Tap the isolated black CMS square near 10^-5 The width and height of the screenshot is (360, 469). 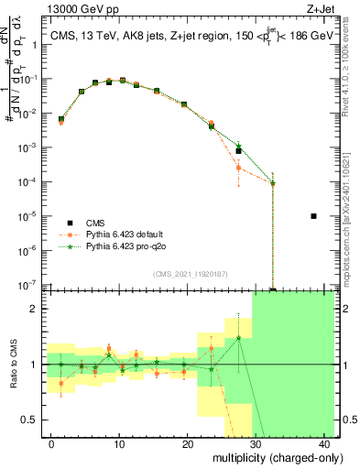coord(313,216)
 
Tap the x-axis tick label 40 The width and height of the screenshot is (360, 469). coord(325,443)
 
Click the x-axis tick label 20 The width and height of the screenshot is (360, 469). coord(188,443)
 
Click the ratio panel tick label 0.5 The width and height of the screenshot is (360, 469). coord(33,420)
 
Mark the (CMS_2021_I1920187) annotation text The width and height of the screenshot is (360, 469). coord(184,274)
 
